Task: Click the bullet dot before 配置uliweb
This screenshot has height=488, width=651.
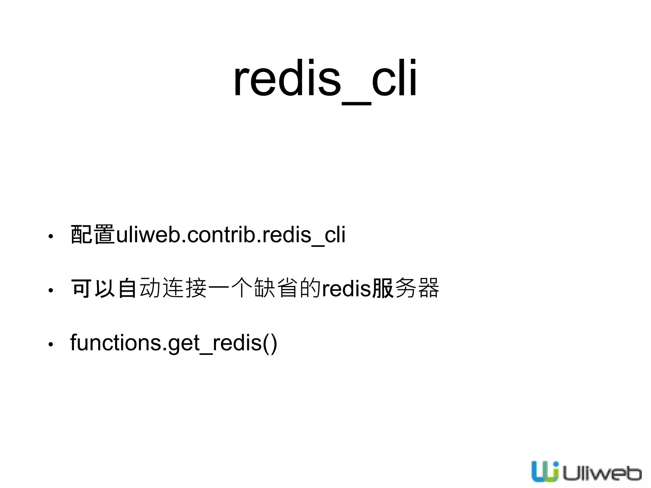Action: [50, 236]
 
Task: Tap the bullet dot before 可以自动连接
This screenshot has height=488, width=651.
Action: [50, 290]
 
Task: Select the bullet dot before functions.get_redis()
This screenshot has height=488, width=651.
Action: [50, 344]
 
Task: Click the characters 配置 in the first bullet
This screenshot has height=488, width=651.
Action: [93, 234]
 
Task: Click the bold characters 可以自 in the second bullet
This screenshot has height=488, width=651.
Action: [104, 288]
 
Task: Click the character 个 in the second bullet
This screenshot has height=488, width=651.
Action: [242, 288]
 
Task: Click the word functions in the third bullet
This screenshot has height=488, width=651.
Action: [116, 342]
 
